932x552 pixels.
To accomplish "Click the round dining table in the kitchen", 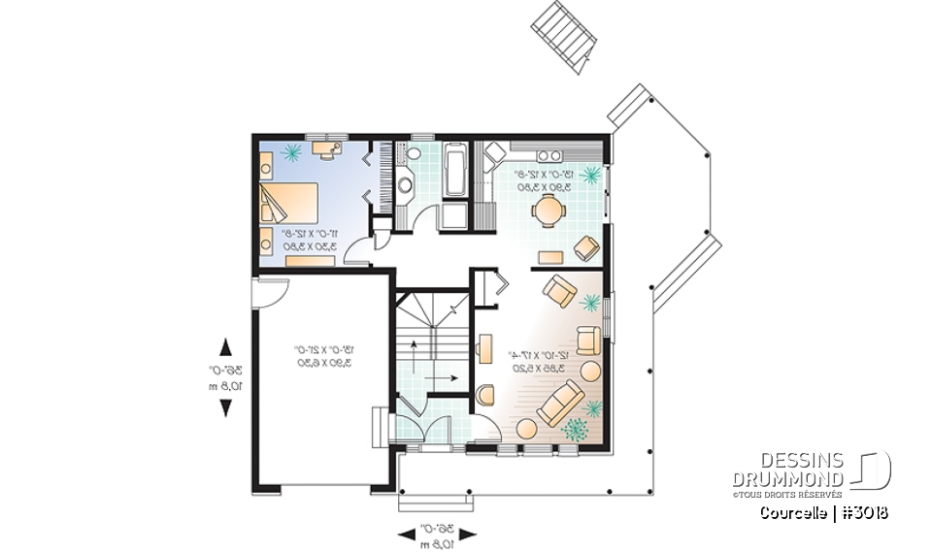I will pyautogui.click(x=550, y=209).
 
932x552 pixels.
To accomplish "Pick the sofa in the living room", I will pyautogui.click(x=560, y=403).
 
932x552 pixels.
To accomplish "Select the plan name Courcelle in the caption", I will pyautogui.click(x=793, y=512).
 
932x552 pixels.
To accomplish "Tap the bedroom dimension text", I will pyautogui.click(x=309, y=241).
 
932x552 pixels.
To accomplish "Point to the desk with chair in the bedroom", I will pyautogui.click(x=326, y=149).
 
